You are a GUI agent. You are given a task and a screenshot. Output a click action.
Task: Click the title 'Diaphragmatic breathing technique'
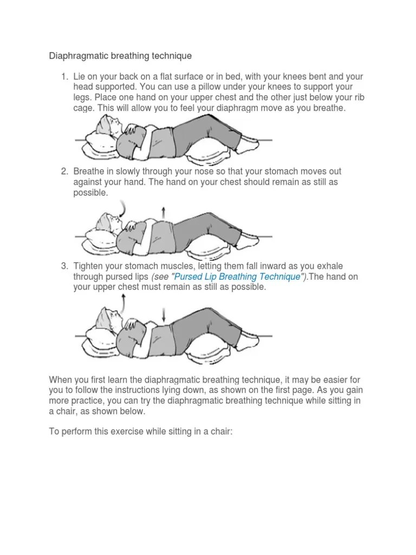point(120,56)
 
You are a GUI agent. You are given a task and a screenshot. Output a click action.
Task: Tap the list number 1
point(64,76)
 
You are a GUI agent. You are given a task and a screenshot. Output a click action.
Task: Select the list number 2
point(64,171)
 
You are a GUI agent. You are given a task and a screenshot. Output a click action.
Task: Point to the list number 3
point(64,266)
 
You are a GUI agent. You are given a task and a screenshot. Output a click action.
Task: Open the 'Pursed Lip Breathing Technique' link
point(237,276)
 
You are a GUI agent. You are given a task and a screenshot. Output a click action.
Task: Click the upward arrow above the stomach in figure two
point(163,212)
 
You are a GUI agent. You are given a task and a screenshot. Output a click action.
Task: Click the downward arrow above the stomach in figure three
point(164,315)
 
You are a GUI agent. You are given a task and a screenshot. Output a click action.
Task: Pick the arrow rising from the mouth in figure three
point(122,304)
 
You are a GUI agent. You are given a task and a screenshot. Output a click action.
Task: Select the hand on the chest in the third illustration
point(131,324)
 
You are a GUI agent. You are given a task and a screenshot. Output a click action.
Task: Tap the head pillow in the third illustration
point(101,338)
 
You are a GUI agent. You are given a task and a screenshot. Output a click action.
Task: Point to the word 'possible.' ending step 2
point(90,193)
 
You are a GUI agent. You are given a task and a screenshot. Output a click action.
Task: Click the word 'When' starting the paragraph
point(60,380)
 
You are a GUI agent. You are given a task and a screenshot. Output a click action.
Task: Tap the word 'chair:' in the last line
point(222,432)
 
